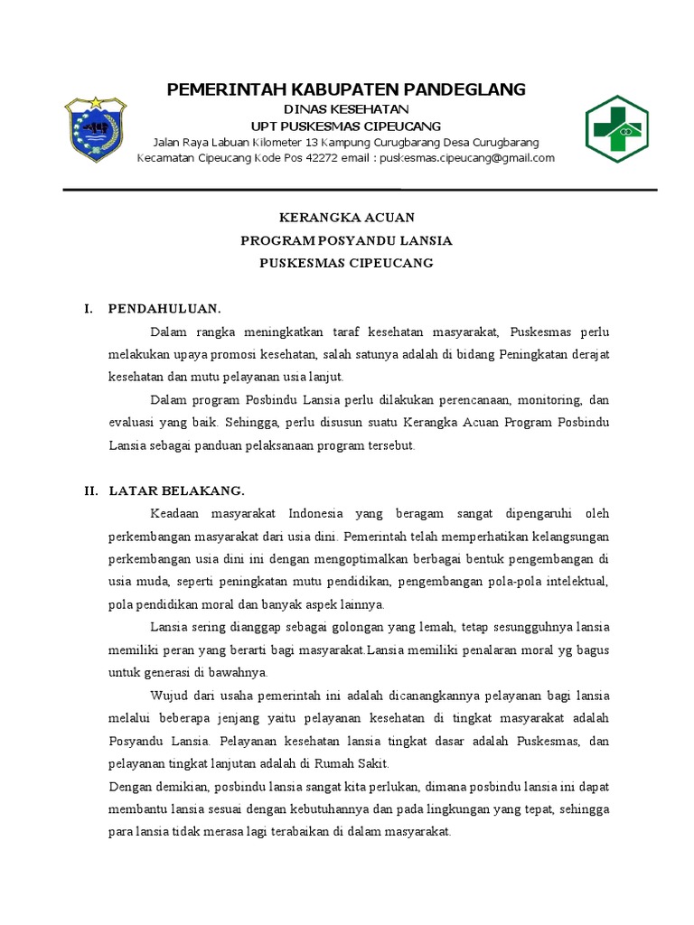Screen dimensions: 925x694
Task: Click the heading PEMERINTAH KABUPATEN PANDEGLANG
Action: tap(346, 89)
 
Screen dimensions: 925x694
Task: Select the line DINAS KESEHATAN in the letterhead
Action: tap(346, 109)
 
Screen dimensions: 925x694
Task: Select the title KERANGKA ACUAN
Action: tap(346, 218)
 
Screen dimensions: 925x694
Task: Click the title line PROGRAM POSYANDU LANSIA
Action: tap(346, 240)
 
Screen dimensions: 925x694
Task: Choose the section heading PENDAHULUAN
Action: tap(164, 308)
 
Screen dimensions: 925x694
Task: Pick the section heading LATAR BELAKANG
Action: tap(176, 491)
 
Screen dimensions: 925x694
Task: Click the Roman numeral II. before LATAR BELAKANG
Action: tap(91, 491)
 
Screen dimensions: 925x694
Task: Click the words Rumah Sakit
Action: tap(311, 764)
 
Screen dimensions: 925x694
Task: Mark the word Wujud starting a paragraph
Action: tap(168, 695)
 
